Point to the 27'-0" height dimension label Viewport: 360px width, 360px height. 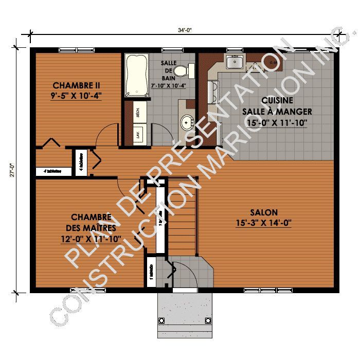(x=11, y=170)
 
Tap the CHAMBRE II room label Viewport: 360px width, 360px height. (x=76, y=85)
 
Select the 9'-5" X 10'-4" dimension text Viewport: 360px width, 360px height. (x=76, y=95)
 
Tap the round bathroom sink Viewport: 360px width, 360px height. (x=186, y=122)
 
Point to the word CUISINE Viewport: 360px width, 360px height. (x=277, y=101)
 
